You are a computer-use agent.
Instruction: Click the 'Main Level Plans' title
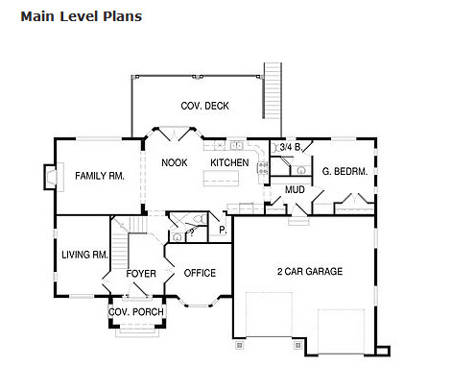coord(82,16)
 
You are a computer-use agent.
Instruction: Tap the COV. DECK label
coord(204,106)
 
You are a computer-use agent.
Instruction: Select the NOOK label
coord(175,162)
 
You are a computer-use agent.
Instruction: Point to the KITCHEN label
coord(229,162)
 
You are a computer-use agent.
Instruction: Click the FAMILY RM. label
coord(100,176)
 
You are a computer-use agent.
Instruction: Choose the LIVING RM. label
coord(84,255)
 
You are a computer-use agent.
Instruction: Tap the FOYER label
coord(141,274)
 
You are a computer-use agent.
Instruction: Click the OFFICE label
coord(200,273)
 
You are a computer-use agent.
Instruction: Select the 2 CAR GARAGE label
coord(310,272)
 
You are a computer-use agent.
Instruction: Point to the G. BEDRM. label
coord(344,171)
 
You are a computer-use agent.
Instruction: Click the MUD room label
coord(295,190)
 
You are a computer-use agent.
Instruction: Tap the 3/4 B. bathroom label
coord(291,147)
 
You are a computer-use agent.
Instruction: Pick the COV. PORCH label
coord(136,311)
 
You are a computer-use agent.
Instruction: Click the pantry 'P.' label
coord(223,230)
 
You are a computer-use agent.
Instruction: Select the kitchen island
coord(221,178)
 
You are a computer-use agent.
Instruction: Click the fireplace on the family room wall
coord(51,177)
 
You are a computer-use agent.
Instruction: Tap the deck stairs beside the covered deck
coord(273,90)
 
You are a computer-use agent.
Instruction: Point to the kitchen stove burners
coord(263,168)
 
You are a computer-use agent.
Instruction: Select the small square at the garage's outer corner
coord(383,351)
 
